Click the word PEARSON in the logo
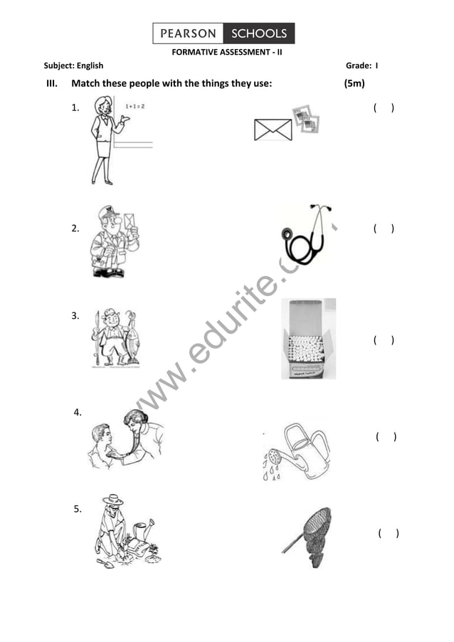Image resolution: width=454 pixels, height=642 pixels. (188, 33)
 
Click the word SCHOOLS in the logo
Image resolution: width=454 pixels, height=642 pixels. (259, 33)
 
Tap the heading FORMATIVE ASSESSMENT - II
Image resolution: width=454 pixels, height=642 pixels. (227, 52)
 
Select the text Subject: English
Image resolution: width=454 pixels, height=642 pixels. (73, 65)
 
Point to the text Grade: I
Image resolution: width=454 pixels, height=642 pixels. (361, 65)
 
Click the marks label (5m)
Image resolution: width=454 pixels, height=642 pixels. (354, 83)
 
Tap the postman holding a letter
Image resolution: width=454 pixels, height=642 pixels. (114, 242)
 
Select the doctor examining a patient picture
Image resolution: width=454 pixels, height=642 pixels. (127, 439)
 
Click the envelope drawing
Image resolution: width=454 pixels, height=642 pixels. (273, 130)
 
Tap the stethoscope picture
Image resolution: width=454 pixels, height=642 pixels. (307, 235)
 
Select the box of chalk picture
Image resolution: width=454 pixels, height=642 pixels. (308, 339)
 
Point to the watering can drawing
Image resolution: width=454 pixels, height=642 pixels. (297, 451)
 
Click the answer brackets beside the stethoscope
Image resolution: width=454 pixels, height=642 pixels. (384, 228)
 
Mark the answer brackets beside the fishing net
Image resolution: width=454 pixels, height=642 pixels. (388, 533)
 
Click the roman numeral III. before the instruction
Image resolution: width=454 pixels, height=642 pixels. (51, 84)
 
